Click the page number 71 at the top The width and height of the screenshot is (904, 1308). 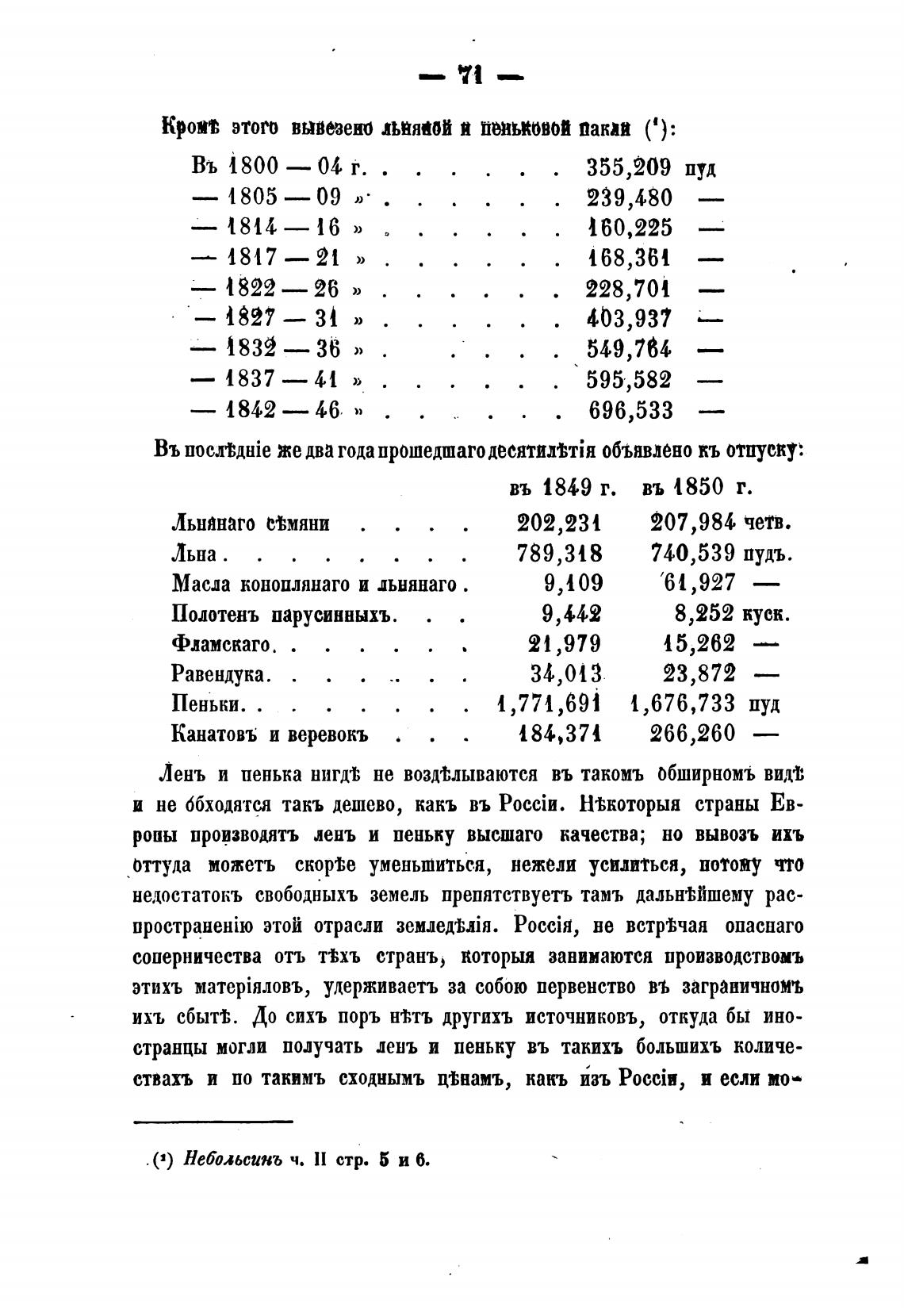(x=470, y=78)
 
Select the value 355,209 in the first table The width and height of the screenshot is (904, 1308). (x=629, y=168)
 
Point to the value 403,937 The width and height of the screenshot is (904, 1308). (x=629, y=319)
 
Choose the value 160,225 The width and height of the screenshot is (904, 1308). (x=629, y=228)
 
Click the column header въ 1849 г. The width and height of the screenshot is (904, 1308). (x=562, y=486)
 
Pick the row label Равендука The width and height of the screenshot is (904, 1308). (x=222, y=674)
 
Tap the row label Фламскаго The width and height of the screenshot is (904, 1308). (x=222, y=644)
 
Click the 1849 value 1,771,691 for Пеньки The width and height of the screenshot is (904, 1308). (x=549, y=704)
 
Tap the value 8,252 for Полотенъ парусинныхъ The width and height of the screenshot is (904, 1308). (x=699, y=613)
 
